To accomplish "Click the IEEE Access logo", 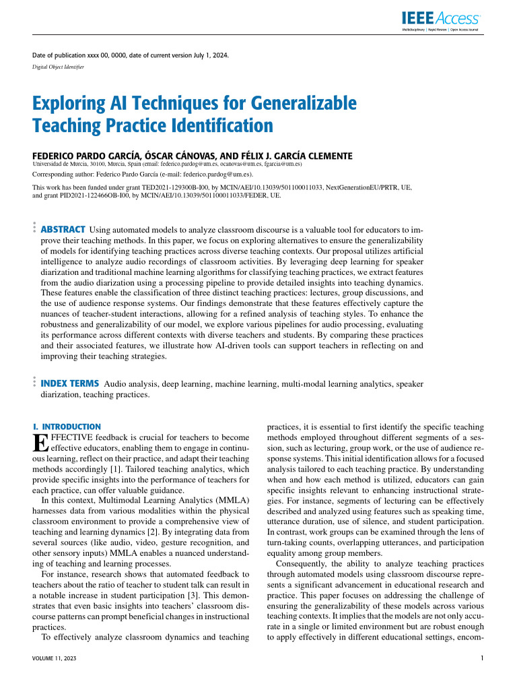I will (441, 20).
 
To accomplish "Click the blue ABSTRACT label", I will (63, 230).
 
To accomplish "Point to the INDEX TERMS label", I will (70, 383).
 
